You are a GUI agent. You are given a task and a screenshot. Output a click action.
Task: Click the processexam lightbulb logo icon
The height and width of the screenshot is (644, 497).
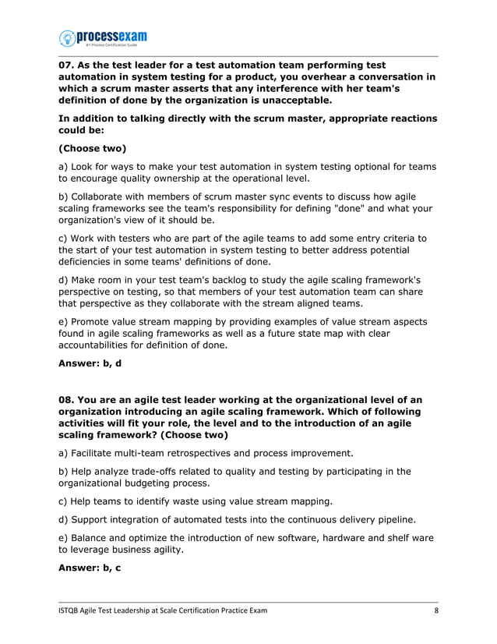point(68,37)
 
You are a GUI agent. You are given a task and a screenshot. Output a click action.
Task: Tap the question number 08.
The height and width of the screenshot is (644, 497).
point(69,400)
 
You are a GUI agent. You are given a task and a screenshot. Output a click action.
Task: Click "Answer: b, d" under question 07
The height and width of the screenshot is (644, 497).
point(90,363)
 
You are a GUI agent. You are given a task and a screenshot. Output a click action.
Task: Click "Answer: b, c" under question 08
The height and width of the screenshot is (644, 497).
point(90,568)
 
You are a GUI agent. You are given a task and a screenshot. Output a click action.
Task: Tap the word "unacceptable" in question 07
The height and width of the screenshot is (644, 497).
point(289,101)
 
